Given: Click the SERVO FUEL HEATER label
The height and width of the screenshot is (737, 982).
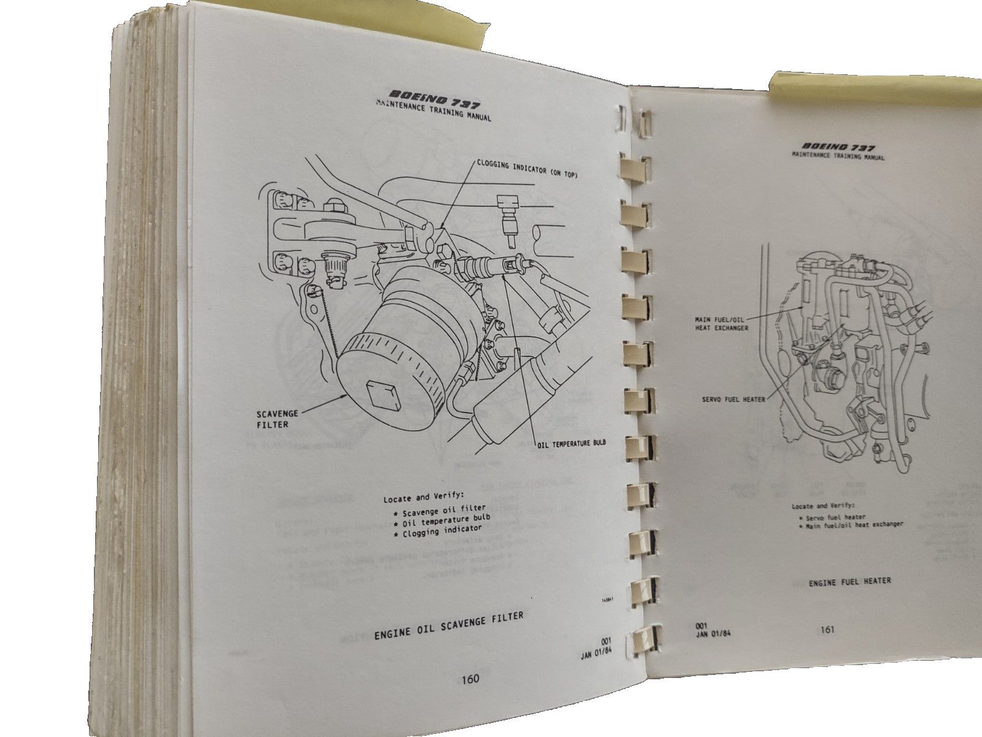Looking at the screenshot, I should coord(733,399).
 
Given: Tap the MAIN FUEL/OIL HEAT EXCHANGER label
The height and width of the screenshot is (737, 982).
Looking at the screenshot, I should coord(722,324).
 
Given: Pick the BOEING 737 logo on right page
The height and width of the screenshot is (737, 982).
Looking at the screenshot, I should coord(838,147).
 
